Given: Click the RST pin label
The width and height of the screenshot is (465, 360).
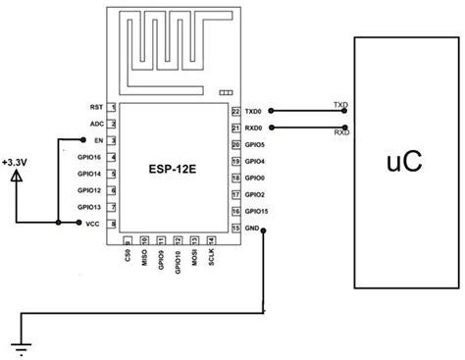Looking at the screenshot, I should tap(96, 106).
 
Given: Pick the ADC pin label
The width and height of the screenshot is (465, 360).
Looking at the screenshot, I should tap(96, 124).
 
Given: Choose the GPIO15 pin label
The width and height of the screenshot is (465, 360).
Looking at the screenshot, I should tap(256, 211).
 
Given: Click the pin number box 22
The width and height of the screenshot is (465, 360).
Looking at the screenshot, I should tap(235, 112).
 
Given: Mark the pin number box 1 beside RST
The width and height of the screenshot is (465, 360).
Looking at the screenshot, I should tap(114, 107).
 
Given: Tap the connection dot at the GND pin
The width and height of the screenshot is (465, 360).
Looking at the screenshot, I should tap(265, 231).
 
